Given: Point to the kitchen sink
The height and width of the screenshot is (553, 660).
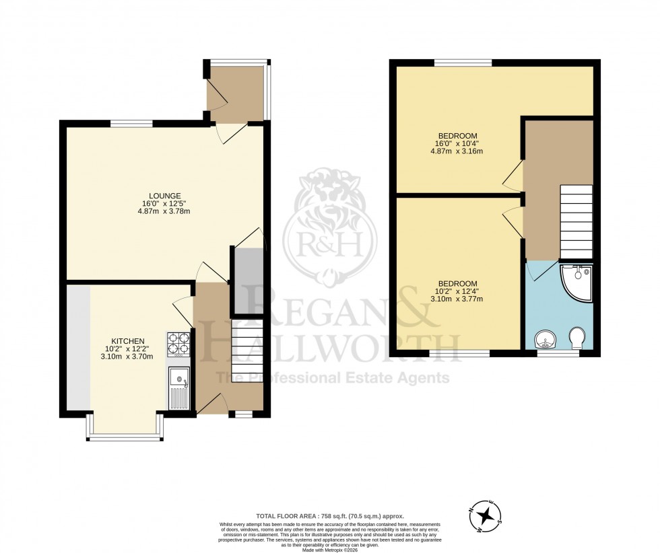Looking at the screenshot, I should coord(180,389).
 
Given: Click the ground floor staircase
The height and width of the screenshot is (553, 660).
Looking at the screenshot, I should coord(246,354).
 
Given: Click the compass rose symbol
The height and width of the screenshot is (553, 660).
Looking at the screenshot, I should coord(484,516).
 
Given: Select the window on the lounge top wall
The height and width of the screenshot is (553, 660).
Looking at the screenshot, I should coord(132,123).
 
